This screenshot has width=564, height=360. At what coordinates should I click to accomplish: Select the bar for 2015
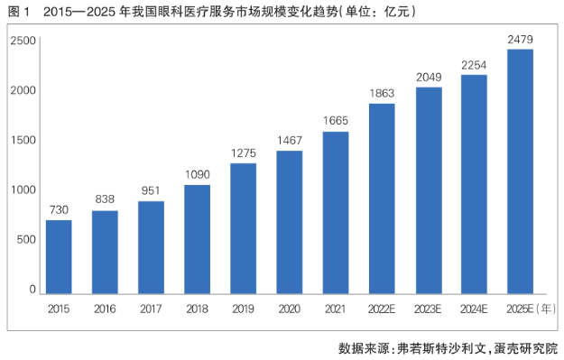(x=59, y=257)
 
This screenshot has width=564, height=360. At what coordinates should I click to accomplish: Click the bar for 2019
(x=243, y=229)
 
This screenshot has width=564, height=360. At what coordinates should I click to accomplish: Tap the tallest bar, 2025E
(x=520, y=171)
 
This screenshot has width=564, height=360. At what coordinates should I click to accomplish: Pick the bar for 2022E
(x=382, y=198)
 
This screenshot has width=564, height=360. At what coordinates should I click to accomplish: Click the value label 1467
(x=290, y=140)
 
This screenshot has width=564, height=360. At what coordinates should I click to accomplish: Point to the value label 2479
(x=520, y=39)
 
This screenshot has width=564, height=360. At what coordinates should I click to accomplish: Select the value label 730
(x=59, y=209)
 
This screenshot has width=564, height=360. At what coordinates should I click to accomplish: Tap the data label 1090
(x=197, y=175)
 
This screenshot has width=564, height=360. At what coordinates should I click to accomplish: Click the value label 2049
(x=429, y=77)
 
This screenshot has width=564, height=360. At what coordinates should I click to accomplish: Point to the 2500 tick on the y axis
(x=23, y=41)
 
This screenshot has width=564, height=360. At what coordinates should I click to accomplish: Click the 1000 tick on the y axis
(x=23, y=189)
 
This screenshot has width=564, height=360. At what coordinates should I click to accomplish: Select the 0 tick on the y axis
(x=32, y=290)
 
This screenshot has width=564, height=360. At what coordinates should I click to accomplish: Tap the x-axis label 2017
(x=151, y=309)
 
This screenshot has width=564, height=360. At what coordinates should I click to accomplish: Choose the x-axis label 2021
(x=335, y=309)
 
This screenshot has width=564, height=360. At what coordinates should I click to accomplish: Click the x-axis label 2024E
(x=474, y=309)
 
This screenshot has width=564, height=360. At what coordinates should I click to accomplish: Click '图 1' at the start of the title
(x=18, y=12)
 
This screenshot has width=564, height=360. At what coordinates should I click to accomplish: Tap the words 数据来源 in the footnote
(x=365, y=348)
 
